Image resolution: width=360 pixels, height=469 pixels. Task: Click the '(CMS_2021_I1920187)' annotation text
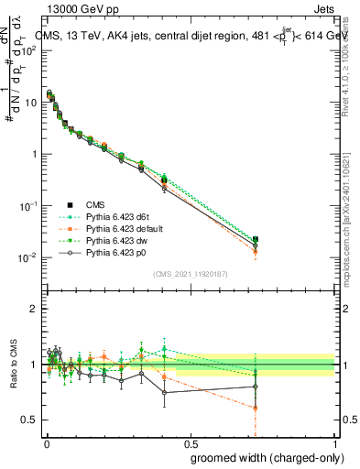point(191,274)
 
